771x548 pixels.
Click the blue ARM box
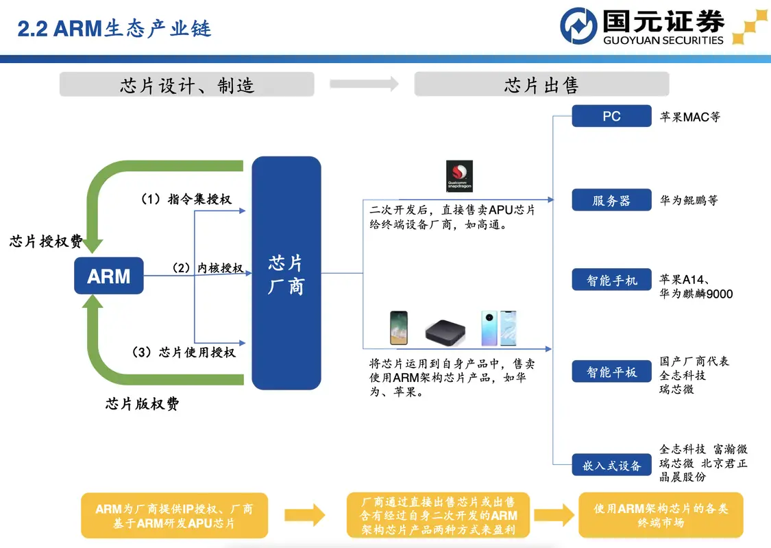tap(109, 276)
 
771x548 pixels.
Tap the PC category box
tap(611, 116)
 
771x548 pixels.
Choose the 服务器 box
tap(611, 201)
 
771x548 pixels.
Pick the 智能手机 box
tap(611, 280)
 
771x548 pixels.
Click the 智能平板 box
tap(611, 372)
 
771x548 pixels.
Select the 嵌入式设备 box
tap(611, 466)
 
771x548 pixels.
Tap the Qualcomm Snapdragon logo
tap(459, 176)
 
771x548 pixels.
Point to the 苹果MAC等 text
tap(690, 117)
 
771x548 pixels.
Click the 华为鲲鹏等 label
tap(689, 201)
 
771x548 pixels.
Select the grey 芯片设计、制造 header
tap(187, 85)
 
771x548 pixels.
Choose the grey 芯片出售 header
tap(541, 85)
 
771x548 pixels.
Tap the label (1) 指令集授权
tap(185, 200)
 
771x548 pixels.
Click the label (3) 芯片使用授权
tap(184, 352)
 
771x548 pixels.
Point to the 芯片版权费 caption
tap(142, 403)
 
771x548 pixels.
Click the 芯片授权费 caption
tap(46, 241)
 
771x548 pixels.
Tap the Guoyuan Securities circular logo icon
tap(578, 26)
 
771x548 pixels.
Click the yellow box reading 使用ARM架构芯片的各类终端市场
tap(661, 515)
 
